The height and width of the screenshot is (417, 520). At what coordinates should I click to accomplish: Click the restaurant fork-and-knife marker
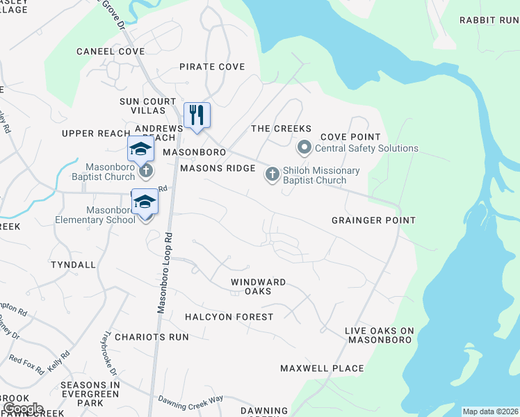197,115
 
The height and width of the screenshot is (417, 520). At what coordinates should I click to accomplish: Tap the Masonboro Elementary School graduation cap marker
145,202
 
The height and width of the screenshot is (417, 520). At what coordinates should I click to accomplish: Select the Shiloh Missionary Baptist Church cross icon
272,175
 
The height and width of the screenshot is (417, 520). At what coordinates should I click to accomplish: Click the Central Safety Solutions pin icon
304,148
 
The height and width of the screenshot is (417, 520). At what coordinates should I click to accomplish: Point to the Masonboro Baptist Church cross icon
145,170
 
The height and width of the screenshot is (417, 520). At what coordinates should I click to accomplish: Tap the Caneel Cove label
111,51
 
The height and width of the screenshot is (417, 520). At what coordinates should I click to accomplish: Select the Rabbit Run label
489,20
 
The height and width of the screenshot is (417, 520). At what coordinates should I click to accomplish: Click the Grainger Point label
373,220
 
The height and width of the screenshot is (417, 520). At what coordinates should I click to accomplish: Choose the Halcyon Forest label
229,317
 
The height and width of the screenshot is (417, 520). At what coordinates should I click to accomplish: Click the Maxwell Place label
322,368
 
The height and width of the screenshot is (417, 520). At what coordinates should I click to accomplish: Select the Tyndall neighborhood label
74,265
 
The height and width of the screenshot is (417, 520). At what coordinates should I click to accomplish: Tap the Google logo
22,409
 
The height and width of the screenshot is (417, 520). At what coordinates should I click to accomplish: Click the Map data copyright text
490,411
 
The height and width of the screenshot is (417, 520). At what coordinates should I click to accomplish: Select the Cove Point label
350,137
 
